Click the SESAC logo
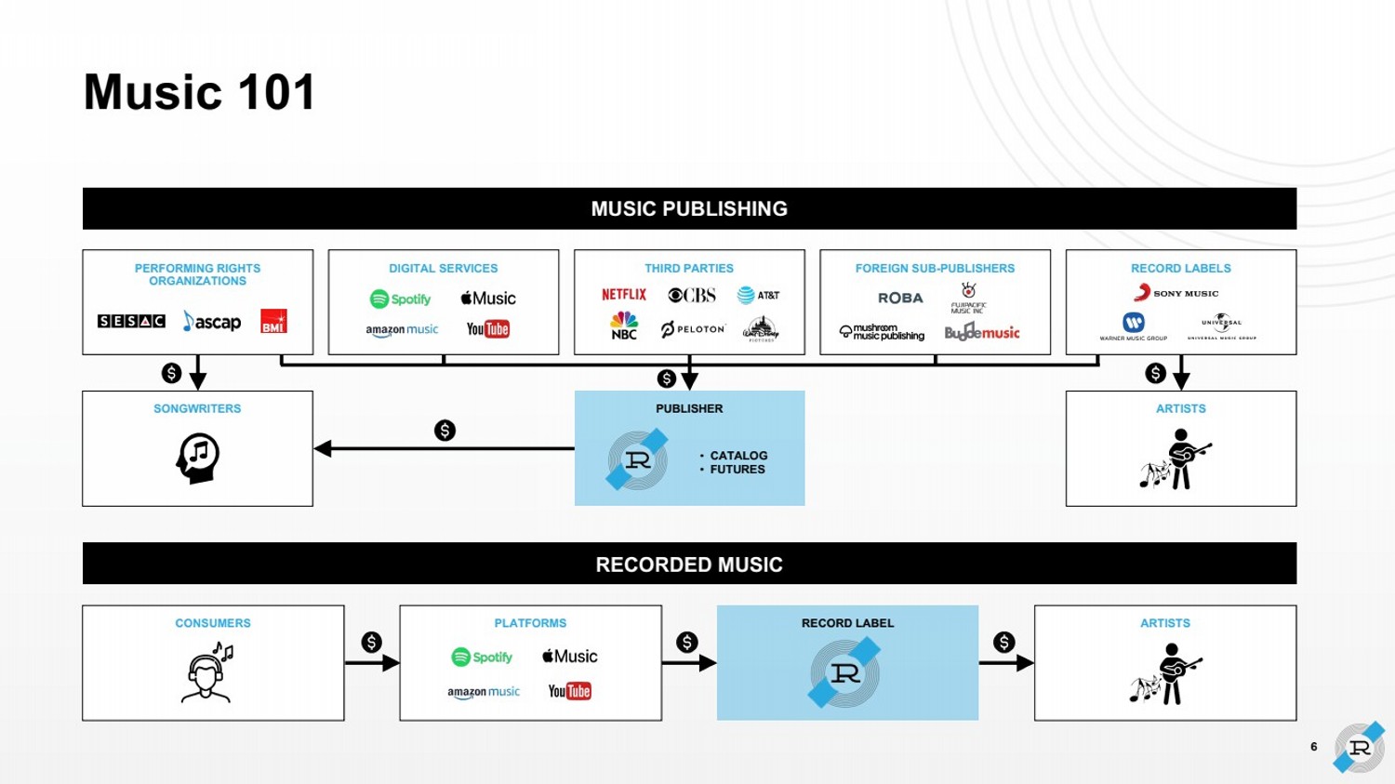131,321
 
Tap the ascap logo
212,322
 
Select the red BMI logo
273,321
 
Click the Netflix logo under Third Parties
623,295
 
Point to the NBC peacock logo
624,326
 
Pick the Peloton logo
693,329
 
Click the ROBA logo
900,298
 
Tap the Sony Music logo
1176,293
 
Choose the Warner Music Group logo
1133,326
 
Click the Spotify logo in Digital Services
401,299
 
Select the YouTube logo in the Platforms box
569,691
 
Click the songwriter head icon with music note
197,458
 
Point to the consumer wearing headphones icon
207,671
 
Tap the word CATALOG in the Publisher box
738,456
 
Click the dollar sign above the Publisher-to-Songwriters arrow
445,431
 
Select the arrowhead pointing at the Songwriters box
323,448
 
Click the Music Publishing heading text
689,208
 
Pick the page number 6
1313,747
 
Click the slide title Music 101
200,92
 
